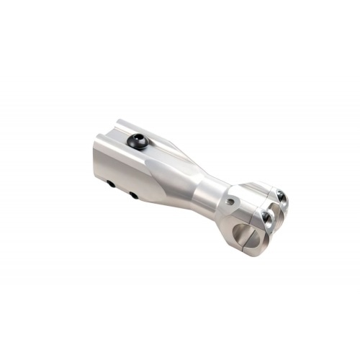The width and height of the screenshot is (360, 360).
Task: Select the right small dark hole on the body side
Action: [x=133, y=195]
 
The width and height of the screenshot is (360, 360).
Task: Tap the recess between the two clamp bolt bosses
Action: [x=274, y=209]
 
